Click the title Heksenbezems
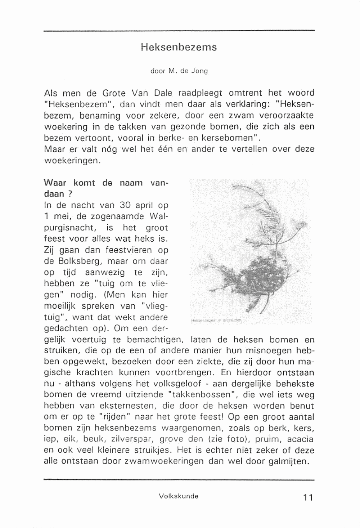pos(179,47)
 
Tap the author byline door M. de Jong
pos(179,71)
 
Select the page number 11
pos(308,498)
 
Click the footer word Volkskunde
pos(179,496)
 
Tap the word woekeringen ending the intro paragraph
pos(71,161)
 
